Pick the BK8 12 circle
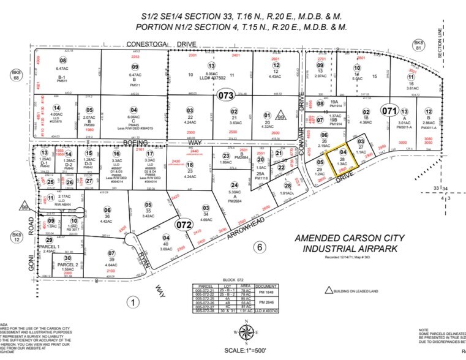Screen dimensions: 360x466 pos(13,236)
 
